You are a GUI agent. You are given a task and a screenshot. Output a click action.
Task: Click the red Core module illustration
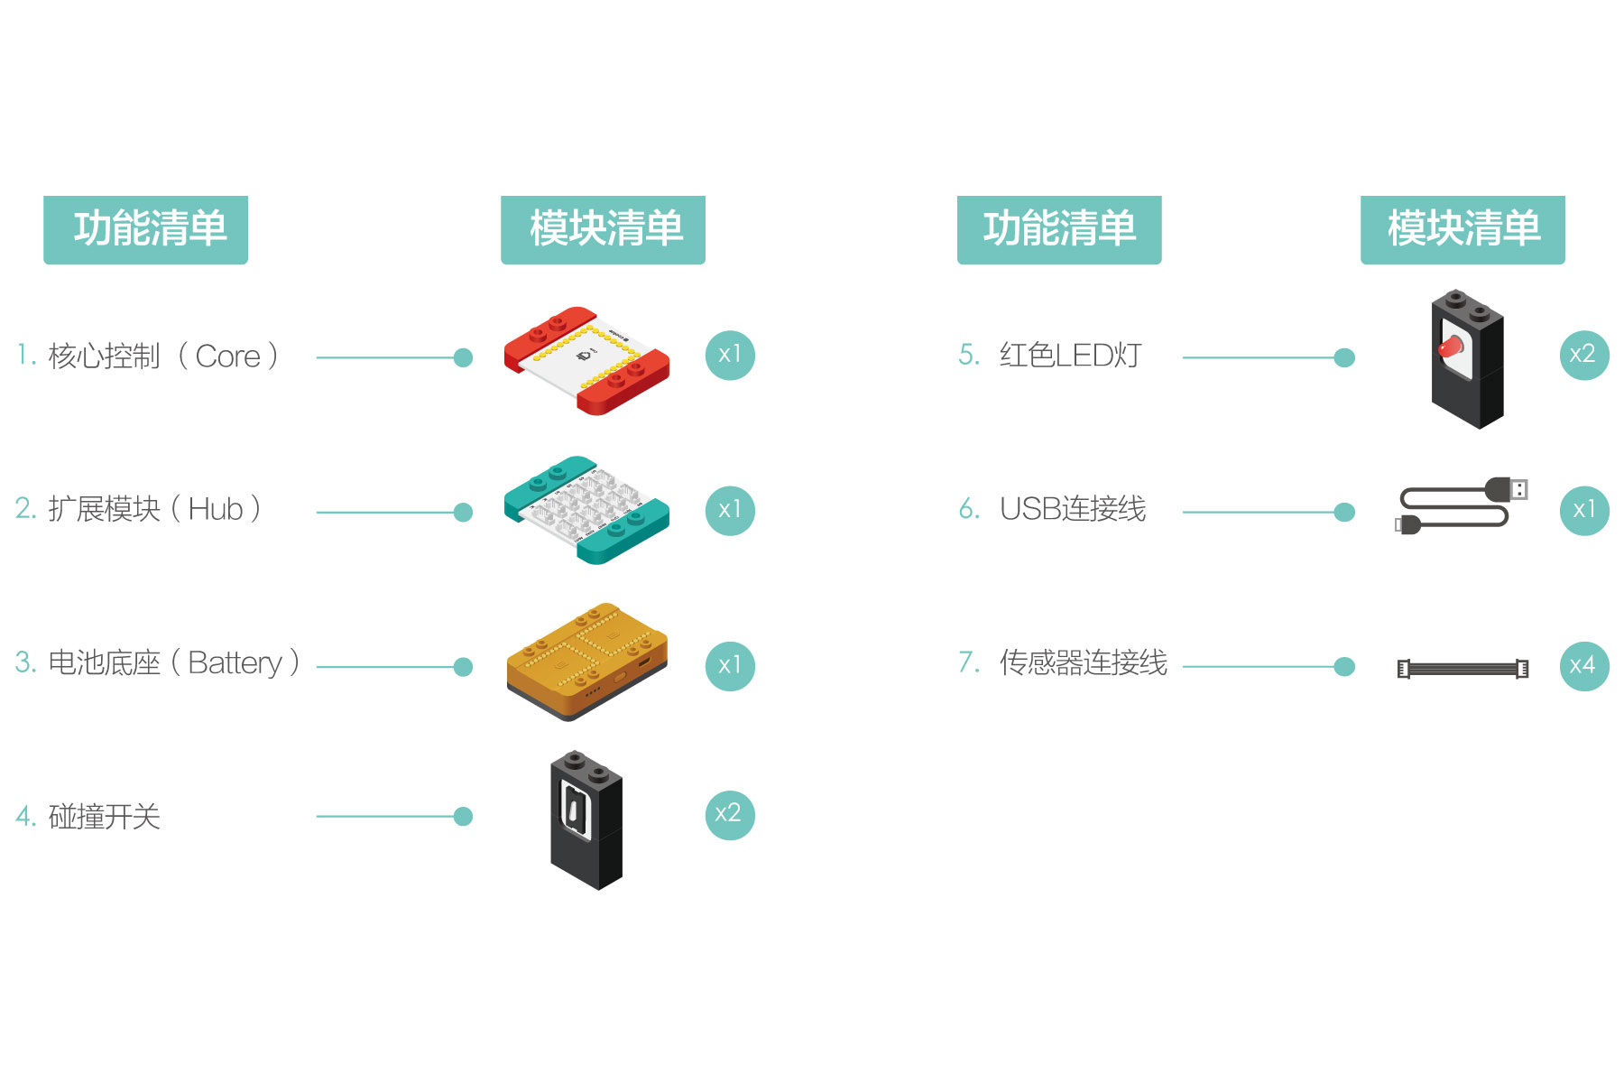[587, 359]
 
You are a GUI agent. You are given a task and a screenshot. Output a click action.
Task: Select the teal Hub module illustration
[587, 510]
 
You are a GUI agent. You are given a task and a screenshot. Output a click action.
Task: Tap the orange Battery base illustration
[587, 662]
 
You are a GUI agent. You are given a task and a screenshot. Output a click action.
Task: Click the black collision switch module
[586, 819]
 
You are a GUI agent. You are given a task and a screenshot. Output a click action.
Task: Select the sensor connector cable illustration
[1463, 669]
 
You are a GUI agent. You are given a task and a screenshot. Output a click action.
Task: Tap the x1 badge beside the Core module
[730, 355]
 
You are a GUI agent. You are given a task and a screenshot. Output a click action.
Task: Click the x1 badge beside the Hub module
[730, 510]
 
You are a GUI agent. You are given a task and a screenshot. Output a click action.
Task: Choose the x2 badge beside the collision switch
[729, 815]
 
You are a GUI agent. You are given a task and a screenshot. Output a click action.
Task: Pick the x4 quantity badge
[1583, 666]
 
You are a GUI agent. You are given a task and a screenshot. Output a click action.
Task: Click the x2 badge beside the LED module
[1583, 355]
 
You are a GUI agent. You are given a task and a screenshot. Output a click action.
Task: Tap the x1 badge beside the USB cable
[1583, 510]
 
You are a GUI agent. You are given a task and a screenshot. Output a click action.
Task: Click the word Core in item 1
[227, 356]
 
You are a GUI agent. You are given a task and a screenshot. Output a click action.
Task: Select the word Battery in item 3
[235, 663]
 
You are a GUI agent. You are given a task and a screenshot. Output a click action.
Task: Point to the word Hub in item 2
[216, 510]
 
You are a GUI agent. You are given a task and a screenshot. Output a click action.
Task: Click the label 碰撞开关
[104, 817]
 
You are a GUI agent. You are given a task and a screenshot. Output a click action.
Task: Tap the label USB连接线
[1073, 510]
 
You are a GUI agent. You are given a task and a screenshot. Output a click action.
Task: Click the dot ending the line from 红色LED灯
[1344, 357]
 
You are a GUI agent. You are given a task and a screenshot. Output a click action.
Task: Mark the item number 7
[968, 663]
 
